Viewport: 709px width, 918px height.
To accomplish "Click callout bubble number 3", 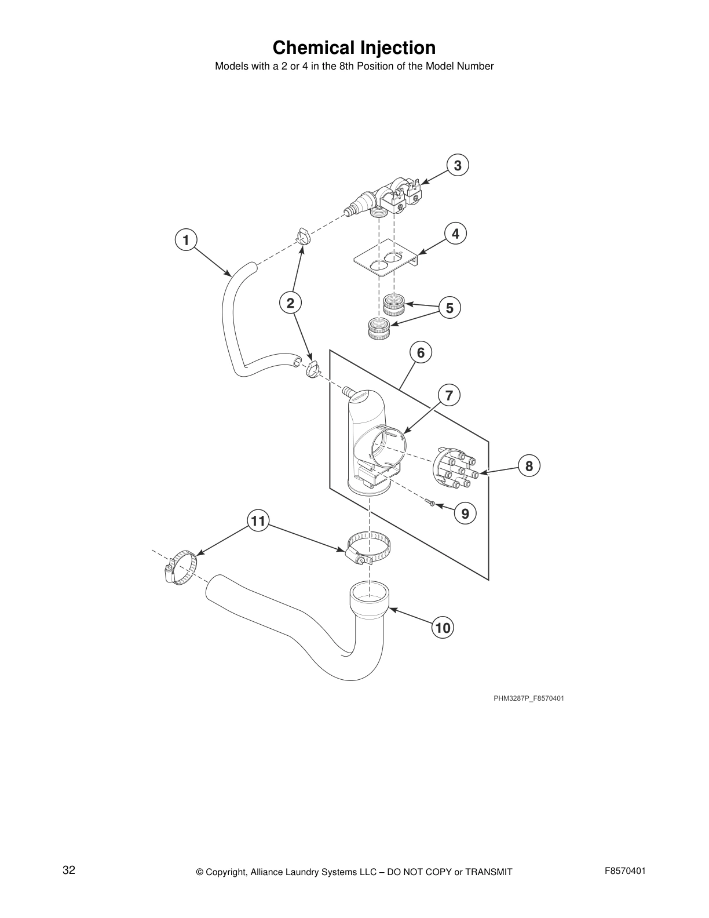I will click(x=457, y=166).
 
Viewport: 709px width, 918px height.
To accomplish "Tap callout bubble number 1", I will click(x=185, y=239).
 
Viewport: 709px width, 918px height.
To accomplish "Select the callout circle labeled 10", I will click(x=443, y=628).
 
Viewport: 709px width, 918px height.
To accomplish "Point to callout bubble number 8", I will click(x=529, y=466).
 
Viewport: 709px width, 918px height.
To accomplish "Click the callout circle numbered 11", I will click(x=258, y=521).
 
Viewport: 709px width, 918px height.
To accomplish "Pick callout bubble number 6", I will click(x=421, y=352).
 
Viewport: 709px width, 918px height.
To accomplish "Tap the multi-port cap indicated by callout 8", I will click(x=455, y=468).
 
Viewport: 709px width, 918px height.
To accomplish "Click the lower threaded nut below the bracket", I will click(x=380, y=330).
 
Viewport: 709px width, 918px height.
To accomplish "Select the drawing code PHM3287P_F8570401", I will click(x=528, y=698).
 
